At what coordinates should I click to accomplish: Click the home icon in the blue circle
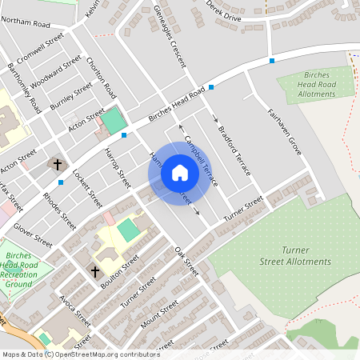(180, 173)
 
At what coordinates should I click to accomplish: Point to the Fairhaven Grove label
(284, 133)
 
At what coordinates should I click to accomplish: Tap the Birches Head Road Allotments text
(316, 83)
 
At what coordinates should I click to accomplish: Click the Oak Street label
(186, 262)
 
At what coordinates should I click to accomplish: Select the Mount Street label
(158, 314)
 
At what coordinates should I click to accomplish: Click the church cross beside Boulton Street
(95, 272)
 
